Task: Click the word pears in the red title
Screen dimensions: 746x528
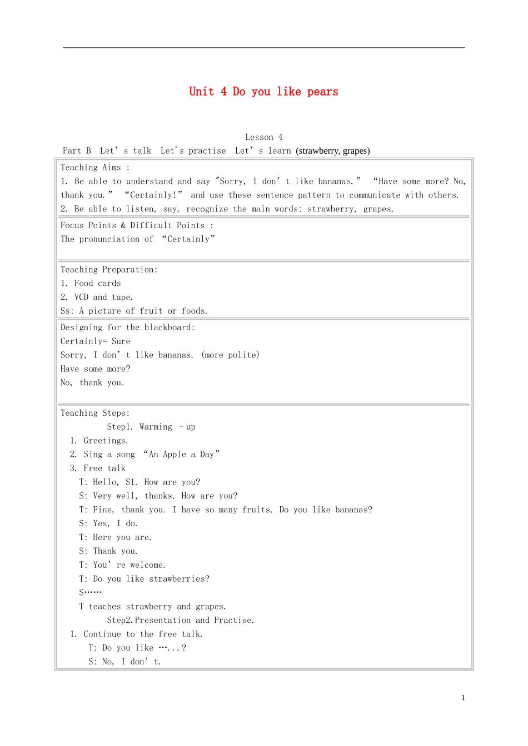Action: click(x=322, y=92)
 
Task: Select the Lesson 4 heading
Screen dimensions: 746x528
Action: click(x=264, y=137)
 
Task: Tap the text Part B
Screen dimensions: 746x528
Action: click(x=77, y=150)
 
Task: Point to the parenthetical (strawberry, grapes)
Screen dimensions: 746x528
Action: click(x=333, y=150)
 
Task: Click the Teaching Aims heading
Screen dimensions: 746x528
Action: click(x=91, y=167)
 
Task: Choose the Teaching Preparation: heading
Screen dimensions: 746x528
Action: click(x=109, y=269)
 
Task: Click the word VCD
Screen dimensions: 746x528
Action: click(x=81, y=297)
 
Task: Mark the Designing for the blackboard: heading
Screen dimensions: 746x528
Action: click(x=128, y=327)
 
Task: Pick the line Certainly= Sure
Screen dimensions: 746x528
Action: click(x=96, y=341)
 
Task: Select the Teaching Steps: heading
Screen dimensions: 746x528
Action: click(x=95, y=413)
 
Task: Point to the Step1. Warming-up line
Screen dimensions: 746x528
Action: click(x=151, y=427)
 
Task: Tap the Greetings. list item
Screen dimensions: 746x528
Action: click(x=106, y=441)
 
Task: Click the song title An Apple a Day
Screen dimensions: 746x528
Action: click(x=181, y=454)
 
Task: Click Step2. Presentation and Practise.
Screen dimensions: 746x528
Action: click(x=181, y=620)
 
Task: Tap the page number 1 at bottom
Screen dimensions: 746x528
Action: click(x=463, y=698)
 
